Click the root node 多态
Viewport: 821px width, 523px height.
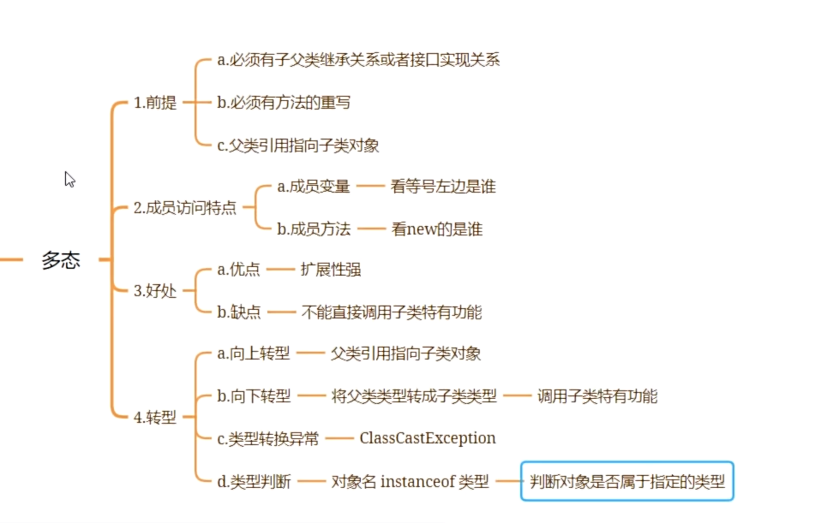[61, 260]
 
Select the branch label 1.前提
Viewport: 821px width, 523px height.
[155, 103]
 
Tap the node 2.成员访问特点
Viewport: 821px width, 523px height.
[185, 207]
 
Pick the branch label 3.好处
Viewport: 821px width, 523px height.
[155, 290]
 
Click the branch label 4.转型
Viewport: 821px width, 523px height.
[155, 418]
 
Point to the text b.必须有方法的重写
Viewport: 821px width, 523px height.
[284, 103]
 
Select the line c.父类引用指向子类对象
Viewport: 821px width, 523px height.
[298, 145]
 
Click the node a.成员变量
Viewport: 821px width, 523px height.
[314, 186]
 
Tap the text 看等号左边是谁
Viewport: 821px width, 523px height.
[443, 186]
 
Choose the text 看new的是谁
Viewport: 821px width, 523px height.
[437, 229]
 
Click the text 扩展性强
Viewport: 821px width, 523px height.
[331, 270]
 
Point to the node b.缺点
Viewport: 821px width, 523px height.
[239, 312]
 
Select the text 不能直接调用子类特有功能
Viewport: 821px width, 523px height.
[392, 312]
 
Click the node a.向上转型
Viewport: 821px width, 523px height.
[255, 354]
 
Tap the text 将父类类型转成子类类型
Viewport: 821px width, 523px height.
[414, 395]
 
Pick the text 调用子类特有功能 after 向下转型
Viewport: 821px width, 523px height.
[597, 395]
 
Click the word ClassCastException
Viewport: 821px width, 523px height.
[428, 438]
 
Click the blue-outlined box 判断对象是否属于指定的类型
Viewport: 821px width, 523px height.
[627, 481]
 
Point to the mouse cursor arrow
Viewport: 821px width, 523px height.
[69, 179]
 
